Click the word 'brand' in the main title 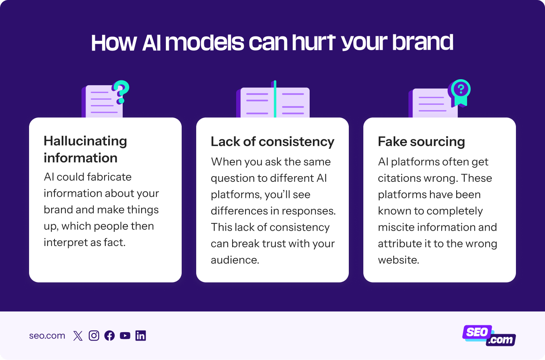click(423, 43)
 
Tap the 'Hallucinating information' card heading click(85, 149)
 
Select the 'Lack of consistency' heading click(272, 142)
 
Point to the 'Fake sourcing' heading click(421, 142)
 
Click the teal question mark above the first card click(121, 92)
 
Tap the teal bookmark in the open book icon click(275, 99)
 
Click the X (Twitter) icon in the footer click(78, 336)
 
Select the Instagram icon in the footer click(94, 336)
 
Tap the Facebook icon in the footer click(109, 336)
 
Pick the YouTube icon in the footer click(125, 336)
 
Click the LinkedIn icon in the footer click(140, 336)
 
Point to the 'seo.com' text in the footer click(47, 336)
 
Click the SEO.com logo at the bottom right click(489, 335)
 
